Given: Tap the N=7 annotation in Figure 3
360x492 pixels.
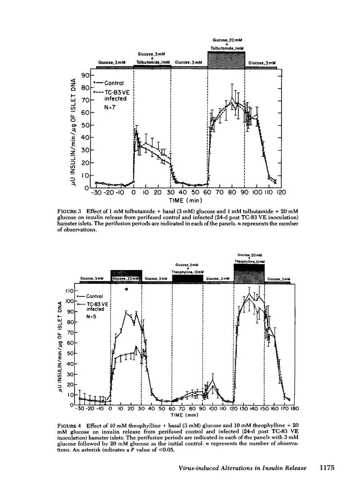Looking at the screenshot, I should point(110,107).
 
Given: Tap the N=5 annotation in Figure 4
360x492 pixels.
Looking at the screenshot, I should point(93,316).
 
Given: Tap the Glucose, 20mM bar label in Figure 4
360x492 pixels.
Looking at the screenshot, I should point(126,278).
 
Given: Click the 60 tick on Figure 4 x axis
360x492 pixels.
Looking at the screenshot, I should point(172,409).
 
